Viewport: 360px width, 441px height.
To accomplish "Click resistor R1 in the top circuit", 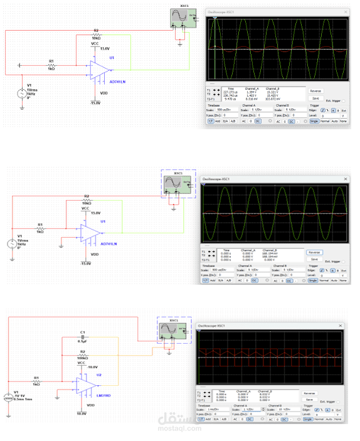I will pos(52,65).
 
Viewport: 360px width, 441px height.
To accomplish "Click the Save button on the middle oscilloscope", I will pos(314,259).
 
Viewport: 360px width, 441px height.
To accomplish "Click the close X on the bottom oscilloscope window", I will pos(339,326).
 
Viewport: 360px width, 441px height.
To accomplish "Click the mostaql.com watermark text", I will pos(181,433).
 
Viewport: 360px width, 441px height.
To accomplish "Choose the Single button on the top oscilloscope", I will pos(314,120).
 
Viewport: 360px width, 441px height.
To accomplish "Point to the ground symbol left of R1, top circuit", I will pos(20,65).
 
